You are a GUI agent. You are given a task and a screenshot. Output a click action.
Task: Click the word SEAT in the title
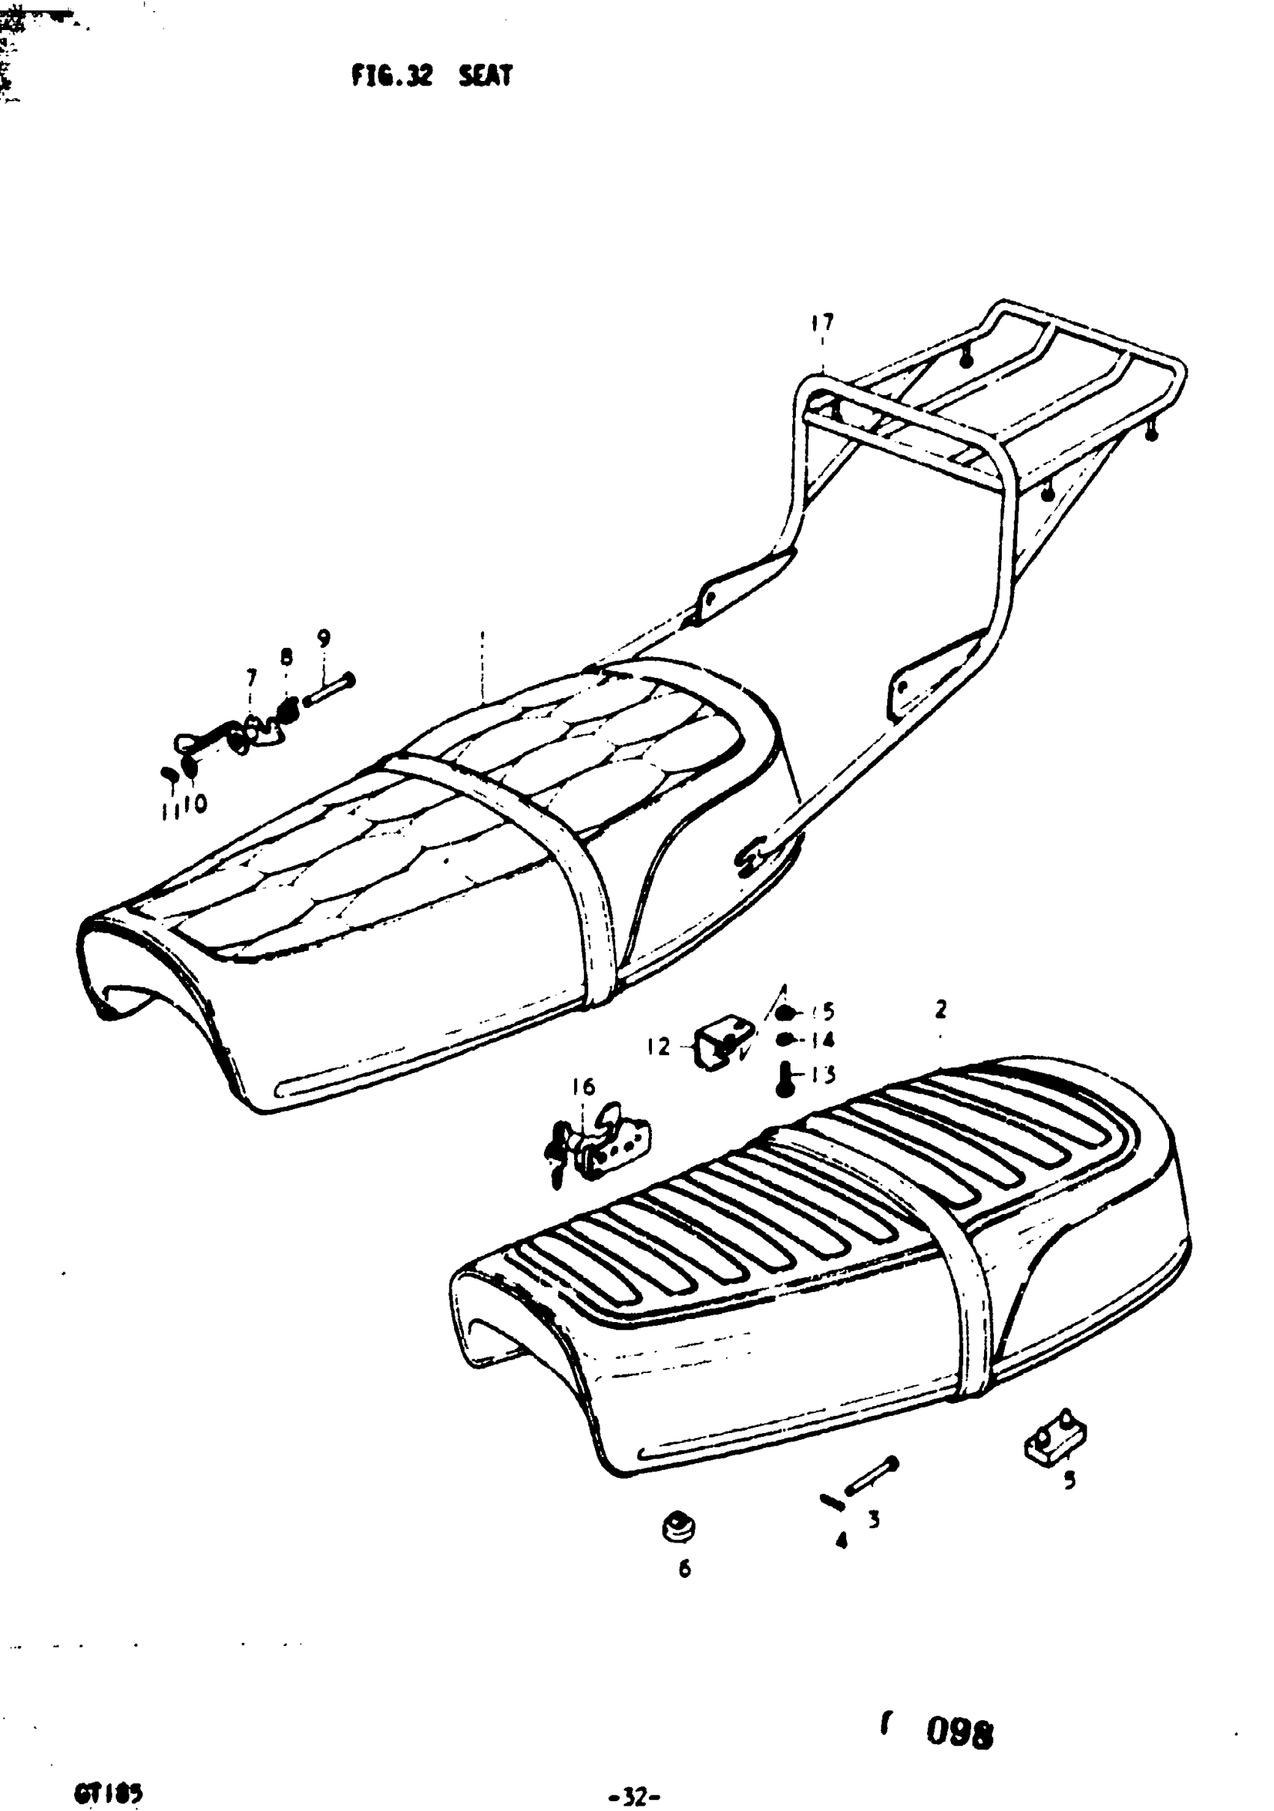click(486, 76)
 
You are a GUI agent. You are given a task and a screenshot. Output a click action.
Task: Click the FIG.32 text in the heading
click(392, 76)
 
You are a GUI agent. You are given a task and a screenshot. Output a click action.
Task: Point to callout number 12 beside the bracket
click(658, 1047)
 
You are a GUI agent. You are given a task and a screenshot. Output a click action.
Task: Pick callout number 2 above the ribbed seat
click(941, 1009)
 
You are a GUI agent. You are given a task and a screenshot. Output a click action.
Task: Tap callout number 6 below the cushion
click(684, 1569)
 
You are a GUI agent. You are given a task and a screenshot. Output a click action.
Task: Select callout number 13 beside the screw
click(822, 1075)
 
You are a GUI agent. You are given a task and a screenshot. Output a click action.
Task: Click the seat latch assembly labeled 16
click(603, 1144)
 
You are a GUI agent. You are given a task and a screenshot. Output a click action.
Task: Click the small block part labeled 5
click(1055, 1440)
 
